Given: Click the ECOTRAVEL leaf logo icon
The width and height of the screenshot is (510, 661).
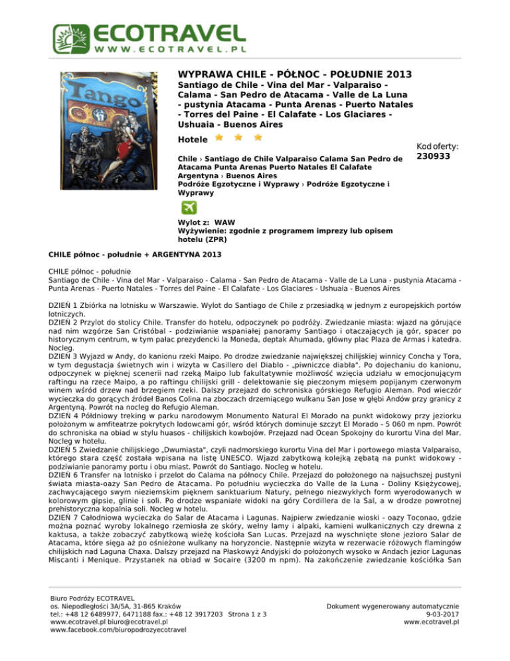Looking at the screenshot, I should (69, 37).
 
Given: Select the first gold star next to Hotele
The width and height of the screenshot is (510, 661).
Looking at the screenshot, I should (217, 138).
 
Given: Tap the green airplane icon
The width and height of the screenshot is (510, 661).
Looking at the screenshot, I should (189, 207).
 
